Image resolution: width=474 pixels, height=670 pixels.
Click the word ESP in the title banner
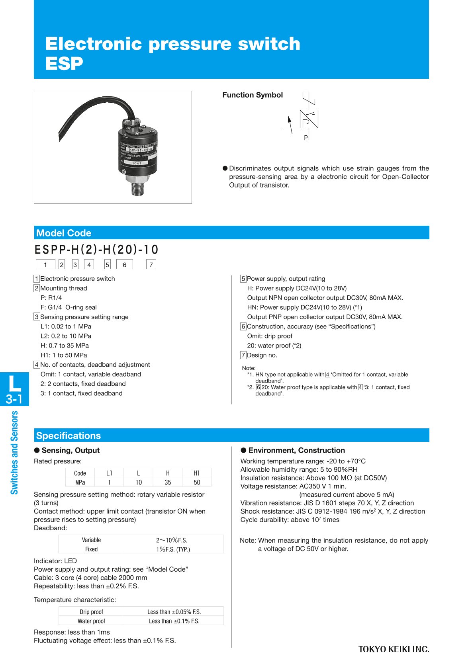point(64,64)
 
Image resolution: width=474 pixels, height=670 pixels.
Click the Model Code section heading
point(64,233)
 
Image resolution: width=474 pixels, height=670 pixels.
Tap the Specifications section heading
point(69,436)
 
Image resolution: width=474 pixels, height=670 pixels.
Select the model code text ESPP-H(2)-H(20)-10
point(96,250)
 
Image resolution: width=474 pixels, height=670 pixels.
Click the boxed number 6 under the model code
point(124,265)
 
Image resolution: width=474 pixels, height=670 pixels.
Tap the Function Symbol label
point(253,95)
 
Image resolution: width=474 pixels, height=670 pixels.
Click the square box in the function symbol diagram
point(309,119)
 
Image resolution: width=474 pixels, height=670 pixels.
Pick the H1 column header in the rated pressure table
point(197,473)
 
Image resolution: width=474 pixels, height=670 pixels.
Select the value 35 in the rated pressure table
point(168,482)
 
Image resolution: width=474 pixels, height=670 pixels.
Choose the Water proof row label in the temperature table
point(91,621)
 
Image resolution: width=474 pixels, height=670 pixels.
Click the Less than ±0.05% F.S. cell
point(174,612)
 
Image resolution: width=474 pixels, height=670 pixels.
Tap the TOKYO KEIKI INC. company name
point(394,649)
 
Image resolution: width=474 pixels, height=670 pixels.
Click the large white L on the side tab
point(15,383)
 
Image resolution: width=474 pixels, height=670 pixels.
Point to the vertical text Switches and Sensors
point(14,453)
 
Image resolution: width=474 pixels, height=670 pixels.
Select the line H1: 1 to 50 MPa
point(64,355)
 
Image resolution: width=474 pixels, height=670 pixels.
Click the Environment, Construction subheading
point(296,450)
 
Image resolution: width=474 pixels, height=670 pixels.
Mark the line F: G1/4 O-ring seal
point(69,307)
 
